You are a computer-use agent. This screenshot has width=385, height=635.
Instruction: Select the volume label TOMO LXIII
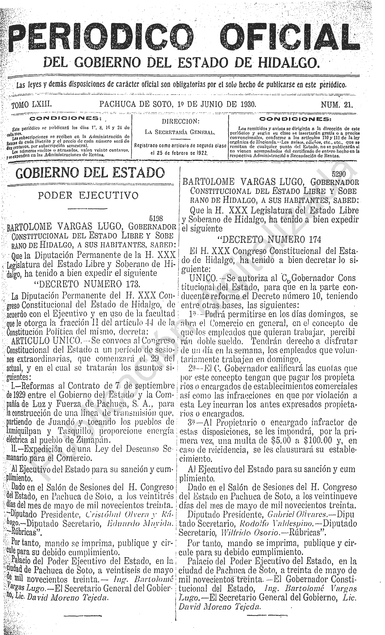pyautogui.click(x=31, y=104)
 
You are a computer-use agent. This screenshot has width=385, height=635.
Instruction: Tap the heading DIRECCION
pyautogui.click(x=180, y=121)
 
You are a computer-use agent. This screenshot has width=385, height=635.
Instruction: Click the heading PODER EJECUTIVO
pyautogui.click(x=88, y=195)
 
